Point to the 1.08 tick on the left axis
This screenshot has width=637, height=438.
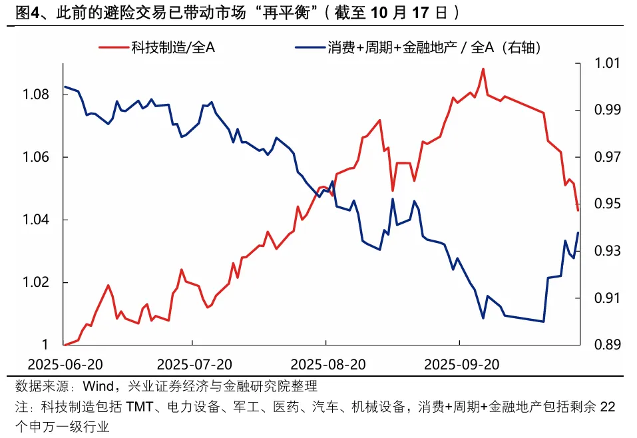click(x=36, y=95)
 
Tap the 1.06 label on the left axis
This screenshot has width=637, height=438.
click(x=36, y=157)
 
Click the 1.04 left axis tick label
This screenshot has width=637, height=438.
click(x=36, y=220)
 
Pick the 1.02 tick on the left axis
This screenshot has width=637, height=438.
click(x=36, y=283)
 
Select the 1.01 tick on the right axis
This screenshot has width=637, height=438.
click(x=604, y=63)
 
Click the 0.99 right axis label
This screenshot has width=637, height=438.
click(x=604, y=110)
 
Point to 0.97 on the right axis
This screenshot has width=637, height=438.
click(x=604, y=157)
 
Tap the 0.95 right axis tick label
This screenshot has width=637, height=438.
click(x=604, y=204)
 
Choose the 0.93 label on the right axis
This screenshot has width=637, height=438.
click(x=604, y=251)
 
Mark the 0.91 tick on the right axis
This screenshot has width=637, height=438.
click(x=604, y=298)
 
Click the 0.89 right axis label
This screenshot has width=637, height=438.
click(x=604, y=345)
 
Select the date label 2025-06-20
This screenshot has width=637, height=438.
click(x=66, y=364)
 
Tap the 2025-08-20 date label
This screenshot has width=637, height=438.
click(x=328, y=364)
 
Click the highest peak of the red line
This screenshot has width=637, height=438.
click(x=483, y=69)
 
